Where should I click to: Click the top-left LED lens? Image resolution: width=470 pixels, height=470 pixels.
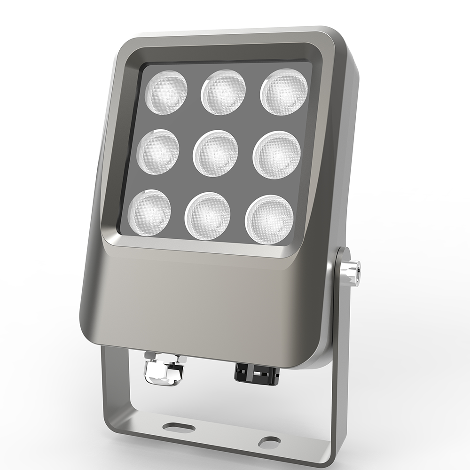[166, 92]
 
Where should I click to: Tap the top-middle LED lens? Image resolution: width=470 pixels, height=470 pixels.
[223, 92]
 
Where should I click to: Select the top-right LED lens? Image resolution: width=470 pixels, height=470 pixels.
[284, 92]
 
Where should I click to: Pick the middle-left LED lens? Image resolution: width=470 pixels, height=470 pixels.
[158, 152]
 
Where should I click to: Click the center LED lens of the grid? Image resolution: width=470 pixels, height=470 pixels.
[216, 153]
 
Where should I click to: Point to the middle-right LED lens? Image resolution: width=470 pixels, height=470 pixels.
[276, 155]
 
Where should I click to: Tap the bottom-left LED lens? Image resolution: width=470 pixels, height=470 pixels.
[149, 212]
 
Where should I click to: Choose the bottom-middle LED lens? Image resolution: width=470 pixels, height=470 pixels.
[208, 216]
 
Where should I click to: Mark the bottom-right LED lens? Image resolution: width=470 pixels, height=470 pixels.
[269, 219]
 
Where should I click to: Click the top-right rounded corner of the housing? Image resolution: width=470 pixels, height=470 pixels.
[345, 42]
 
